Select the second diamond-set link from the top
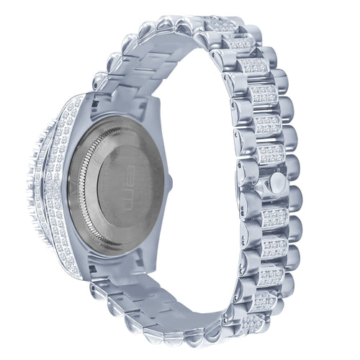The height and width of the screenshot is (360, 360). [x=241, y=44]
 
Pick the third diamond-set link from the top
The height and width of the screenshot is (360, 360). [x=255, y=67]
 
